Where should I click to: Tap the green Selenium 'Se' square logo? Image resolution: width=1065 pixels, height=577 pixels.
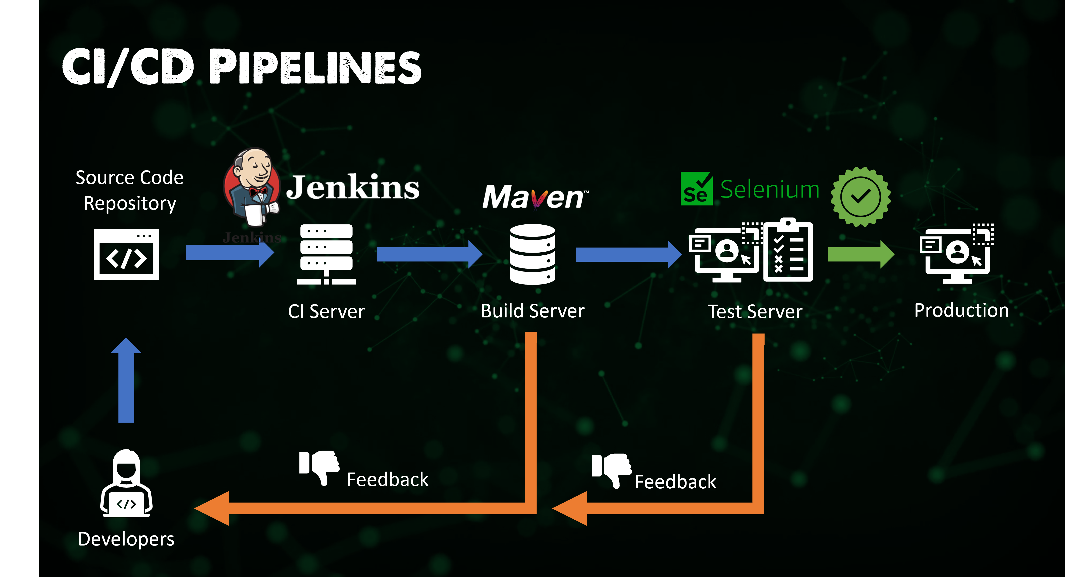pos(696,189)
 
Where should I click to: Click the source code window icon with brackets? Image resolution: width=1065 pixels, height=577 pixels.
pos(126,254)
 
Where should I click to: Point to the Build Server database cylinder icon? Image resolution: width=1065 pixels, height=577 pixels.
pos(533,254)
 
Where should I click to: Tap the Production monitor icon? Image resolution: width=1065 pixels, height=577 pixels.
pos(957,253)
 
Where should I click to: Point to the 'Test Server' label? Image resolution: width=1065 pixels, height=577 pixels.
pos(755,311)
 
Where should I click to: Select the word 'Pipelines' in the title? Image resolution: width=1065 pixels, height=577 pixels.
pos(315,67)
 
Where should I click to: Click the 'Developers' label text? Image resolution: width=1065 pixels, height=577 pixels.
pos(126,539)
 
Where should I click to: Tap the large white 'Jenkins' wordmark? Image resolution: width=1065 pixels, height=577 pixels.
pos(353,187)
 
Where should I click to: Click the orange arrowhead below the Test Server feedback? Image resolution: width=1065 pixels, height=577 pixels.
pos(571,508)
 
